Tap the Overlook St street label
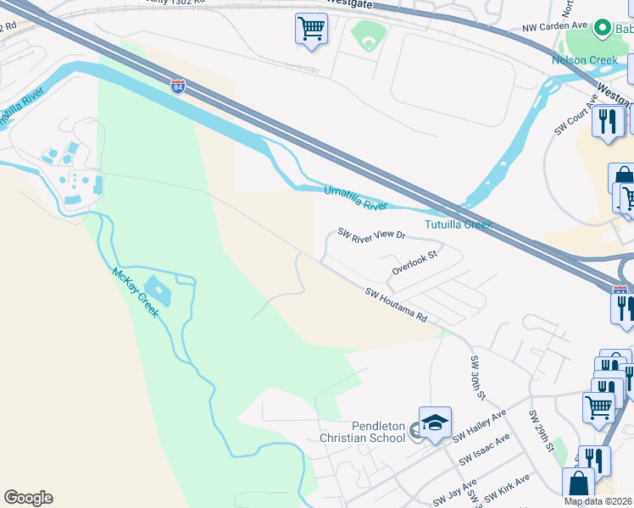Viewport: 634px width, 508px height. pos(414,262)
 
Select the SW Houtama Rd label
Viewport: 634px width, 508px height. pos(396,305)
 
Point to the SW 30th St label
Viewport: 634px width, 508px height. pos(478,378)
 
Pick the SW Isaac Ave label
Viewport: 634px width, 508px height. pos(485,450)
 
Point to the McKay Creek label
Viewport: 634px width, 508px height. pos(135,293)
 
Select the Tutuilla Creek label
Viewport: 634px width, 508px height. pos(459,224)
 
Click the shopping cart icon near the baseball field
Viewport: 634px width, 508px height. pos(311,29)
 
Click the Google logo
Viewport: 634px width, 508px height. pos(28,498)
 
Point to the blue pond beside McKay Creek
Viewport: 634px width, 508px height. pos(158,291)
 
